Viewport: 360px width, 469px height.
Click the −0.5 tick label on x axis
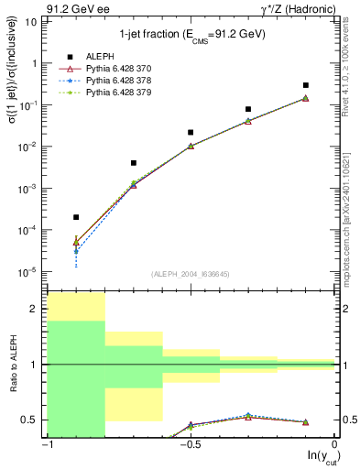tap(190, 444)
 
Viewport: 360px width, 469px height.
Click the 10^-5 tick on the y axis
tap(30, 271)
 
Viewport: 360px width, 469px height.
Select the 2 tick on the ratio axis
tap(37, 309)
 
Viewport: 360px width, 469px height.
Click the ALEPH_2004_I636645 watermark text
tap(191, 274)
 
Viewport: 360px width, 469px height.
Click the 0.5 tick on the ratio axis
tap(33, 420)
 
